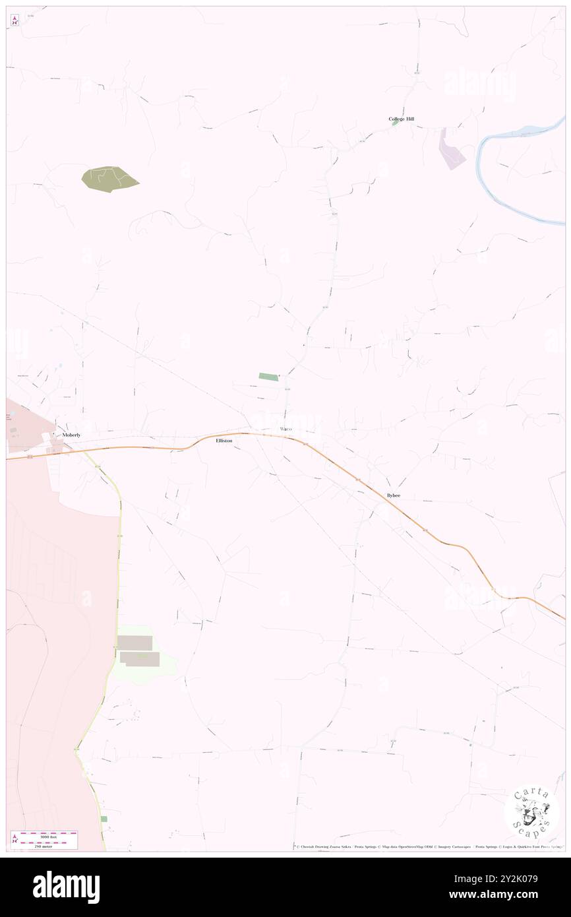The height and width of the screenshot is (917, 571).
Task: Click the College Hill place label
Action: click(402, 119)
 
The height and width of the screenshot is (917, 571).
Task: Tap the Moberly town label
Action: click(71, 435)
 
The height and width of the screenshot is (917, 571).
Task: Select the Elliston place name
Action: click(224, 440)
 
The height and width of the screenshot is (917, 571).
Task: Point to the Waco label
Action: click(285, 429)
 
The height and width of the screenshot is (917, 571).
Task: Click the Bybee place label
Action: click(394, 495)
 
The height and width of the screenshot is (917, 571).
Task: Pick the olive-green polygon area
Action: click(109, 178)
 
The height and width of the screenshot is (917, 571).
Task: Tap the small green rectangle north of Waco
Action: click(268, 376)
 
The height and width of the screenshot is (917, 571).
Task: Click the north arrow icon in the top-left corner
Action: click(15, 20)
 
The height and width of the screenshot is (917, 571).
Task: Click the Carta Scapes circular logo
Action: click(531, 811)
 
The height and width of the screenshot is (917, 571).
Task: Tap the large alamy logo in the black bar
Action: click(66, 887)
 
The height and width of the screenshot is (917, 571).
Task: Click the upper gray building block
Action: click(135, 643)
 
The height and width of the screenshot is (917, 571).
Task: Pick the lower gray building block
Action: click(140, 659)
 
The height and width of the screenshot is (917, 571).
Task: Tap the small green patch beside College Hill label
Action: click(394, 123)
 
